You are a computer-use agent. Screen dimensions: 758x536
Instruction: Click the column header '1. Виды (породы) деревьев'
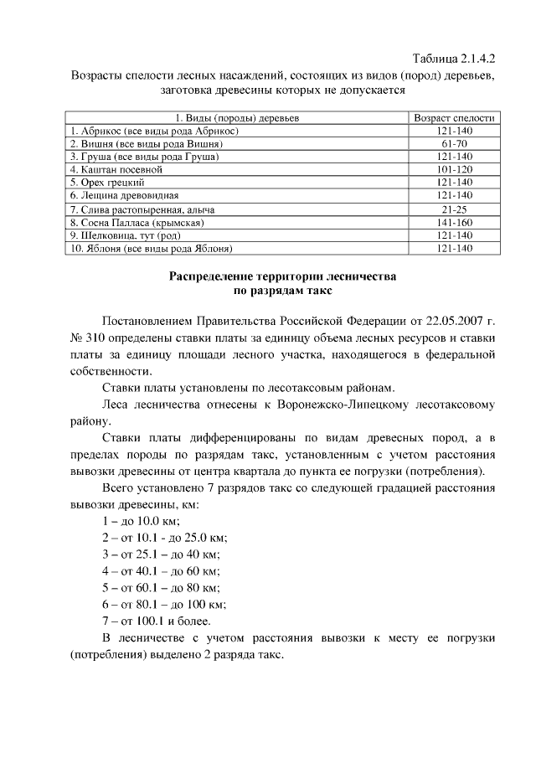click(x=237, y=119)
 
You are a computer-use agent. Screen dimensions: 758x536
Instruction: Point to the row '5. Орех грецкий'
click(x=108, y=182)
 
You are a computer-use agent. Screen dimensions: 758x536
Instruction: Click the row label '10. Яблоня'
click(x=151, y=249)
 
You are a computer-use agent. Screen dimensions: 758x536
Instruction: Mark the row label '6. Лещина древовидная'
click(x=125, y=194)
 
